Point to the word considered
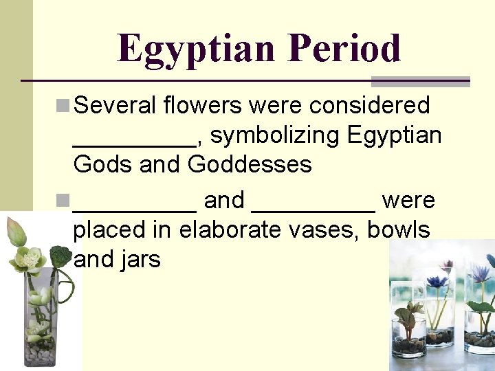pos(369,106)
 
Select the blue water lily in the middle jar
pos(437,282)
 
